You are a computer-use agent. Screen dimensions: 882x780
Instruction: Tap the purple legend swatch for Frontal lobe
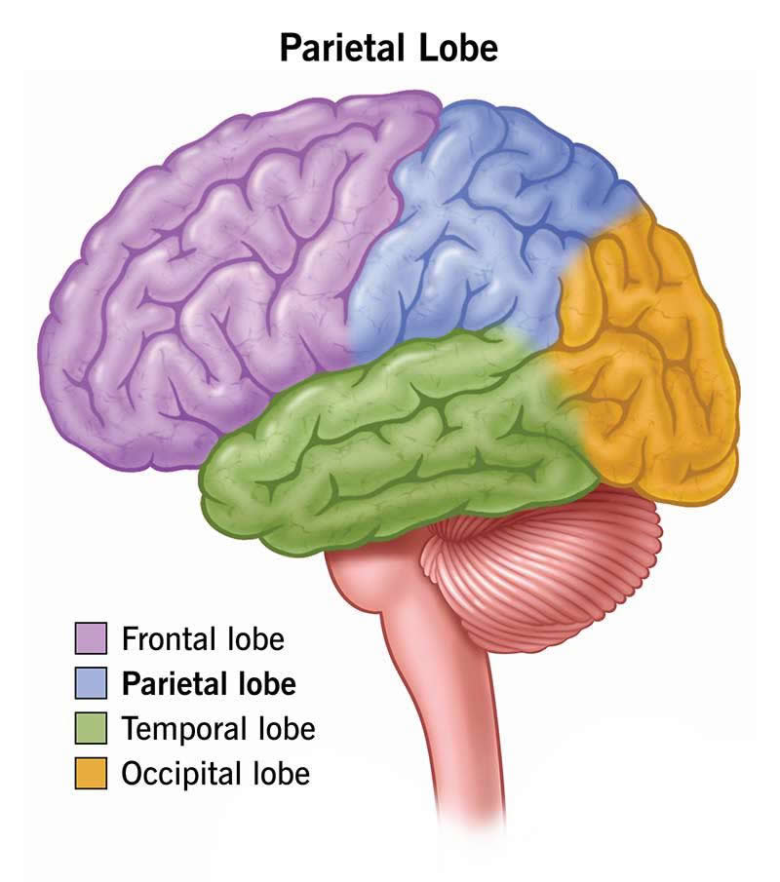click(91, 639)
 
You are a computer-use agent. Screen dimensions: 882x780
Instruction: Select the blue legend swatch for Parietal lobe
click(91, 684)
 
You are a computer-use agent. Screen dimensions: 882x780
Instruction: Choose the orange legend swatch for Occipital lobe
click(91, 774)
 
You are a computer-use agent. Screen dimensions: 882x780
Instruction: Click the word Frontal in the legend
click(169, 639)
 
